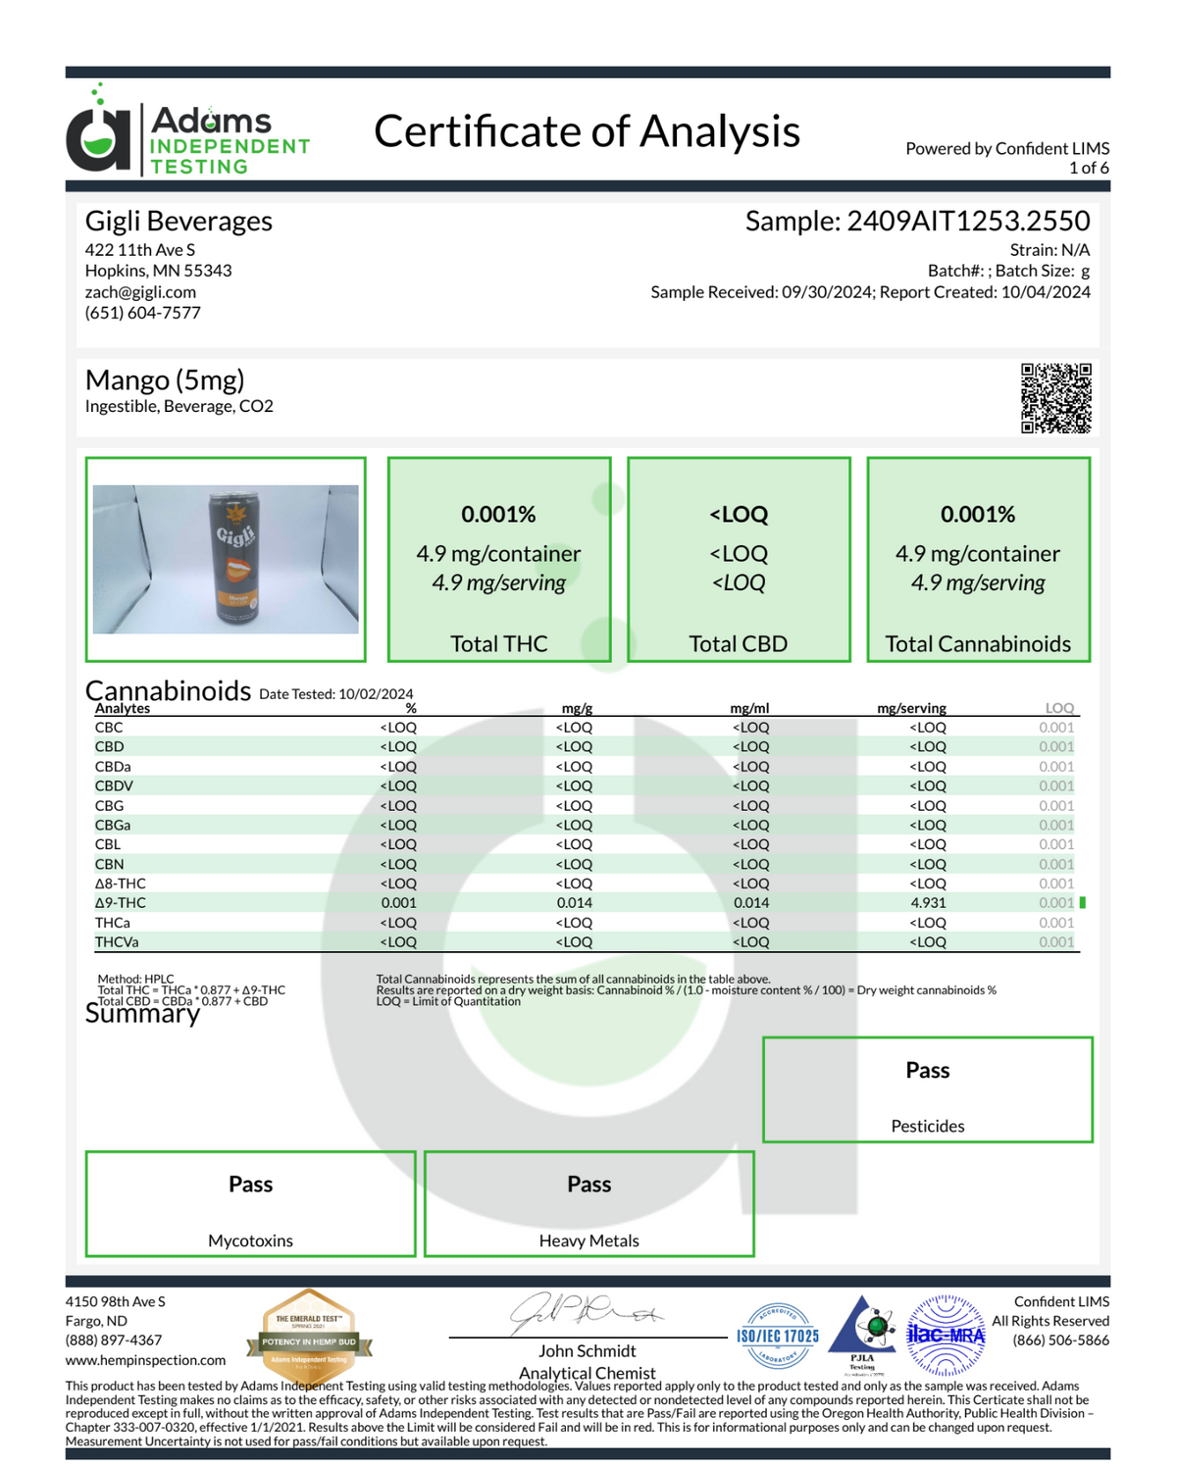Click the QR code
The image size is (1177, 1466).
click(x=1055, y=398)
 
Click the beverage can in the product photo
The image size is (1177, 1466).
click(x=231, y=559)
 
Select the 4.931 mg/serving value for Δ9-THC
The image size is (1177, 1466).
click(x=927, y=903)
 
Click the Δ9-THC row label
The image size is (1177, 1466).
click(x=121, y=903)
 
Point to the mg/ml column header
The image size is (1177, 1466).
click(x=749, y=708)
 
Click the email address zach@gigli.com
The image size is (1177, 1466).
click(x=140, y=292)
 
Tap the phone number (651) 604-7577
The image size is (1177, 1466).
click(x=142, y=313)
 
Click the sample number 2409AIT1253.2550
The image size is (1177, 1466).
click(x=967, y=222)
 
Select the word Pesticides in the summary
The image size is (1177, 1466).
click(x=927, y=1127)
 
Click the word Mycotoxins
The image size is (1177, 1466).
click(x=250, y=1240)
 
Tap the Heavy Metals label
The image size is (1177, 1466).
click(x=588, y=1240)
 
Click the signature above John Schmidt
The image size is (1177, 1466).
click(x=585, y=1313)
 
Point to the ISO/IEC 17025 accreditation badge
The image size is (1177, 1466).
click(x=778, y=1336)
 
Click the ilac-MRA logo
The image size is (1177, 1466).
click(x=945, y=1335)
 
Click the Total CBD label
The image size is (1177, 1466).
click(x=738, y=644)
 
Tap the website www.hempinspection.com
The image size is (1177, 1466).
click(x=145, y=1360)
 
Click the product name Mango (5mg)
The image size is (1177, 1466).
click(x=165, y=379)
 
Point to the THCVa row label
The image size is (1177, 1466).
click(x=117, y=942)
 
